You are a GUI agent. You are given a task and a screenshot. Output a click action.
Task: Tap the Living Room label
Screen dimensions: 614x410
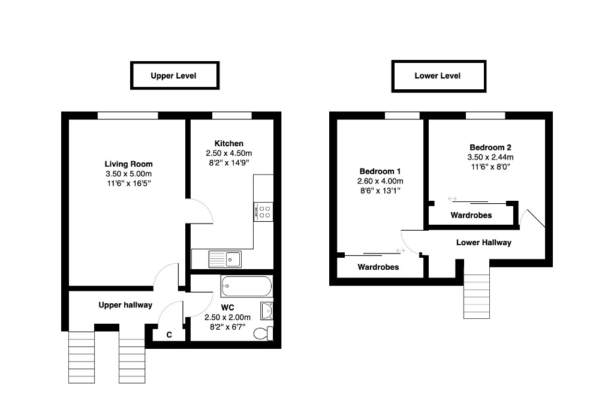tap(128, 164)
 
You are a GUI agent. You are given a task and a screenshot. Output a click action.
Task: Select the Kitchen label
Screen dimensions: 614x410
tap(228, 143)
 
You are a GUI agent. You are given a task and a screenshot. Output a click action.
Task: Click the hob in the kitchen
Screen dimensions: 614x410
tap(264, 212)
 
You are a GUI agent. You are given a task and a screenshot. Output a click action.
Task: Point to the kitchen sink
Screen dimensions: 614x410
tap(225, 259)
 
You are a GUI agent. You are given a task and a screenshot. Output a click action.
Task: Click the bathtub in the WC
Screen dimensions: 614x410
tap(246, 287)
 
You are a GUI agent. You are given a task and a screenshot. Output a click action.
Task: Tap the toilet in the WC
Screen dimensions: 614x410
tap(263, 334)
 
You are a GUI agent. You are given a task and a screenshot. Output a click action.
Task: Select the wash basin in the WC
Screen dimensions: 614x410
tap(267, 311)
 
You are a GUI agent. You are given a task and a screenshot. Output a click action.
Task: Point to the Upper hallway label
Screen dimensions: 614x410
tap(125, 305)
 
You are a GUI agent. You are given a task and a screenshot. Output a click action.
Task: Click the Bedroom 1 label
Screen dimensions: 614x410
tap(380, 171)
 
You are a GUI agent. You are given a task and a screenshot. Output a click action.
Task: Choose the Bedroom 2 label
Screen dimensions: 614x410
tap(490, 147)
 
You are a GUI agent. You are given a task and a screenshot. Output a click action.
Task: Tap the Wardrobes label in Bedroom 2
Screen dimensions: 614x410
tap(471, 215)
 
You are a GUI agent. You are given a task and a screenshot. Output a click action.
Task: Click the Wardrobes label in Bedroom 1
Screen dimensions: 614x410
tap(378, 267)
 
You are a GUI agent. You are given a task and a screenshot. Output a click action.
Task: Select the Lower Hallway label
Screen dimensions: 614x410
tap(484, 242)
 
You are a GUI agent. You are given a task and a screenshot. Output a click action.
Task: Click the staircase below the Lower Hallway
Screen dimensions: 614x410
tap(477, 296)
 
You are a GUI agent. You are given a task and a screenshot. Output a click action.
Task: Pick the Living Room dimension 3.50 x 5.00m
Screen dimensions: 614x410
tap(128, 174)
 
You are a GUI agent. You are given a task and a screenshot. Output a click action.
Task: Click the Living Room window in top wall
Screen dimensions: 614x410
tap(128, 116)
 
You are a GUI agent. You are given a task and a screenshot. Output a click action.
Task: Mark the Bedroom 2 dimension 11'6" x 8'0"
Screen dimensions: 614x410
tap(490, 167)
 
